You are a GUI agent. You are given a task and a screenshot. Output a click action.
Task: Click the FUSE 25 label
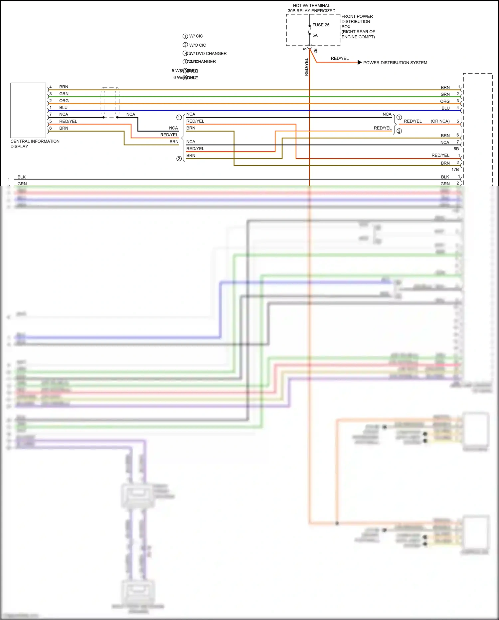pyautogui.click(x=321, y=25)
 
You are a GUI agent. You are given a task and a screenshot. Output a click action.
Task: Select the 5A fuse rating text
pyautogui.click(x=315, y=35)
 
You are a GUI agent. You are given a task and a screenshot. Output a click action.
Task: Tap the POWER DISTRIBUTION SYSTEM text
pyautogui.click(x=395, y=63)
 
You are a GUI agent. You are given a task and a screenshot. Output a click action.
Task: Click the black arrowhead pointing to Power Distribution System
pyautogui.click(x=359, y=62)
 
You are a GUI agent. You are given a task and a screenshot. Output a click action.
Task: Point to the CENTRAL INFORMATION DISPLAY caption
pyautogui.click(x=35, y=144)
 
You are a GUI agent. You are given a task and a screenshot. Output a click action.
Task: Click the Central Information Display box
pyautogui.click(x=28, y=110)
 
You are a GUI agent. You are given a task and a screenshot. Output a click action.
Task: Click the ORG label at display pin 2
pyautogui.click(x=64, y=101)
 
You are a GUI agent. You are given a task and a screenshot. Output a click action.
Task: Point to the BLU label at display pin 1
pyautogui.click(x=63, y=108)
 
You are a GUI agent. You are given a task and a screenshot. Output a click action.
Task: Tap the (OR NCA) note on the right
pyautogui.click(x=440, y=121)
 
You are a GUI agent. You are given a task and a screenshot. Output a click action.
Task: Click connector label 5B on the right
pyautogui.click(x=456, y=149)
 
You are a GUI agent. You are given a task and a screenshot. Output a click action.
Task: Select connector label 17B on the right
pyautogui.click(x=455, y=170)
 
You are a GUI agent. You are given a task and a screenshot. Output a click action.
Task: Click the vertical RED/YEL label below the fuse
pyautogui.click(x=306, y=67)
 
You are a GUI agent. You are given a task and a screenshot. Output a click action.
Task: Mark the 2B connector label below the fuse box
pyautogui.click(x=315, y=51)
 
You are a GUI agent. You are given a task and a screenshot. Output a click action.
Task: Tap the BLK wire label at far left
pyautogui.click(x=22, y=177)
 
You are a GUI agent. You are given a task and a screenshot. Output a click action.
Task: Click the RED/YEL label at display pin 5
pyautogui.click(x=68, y=121)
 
